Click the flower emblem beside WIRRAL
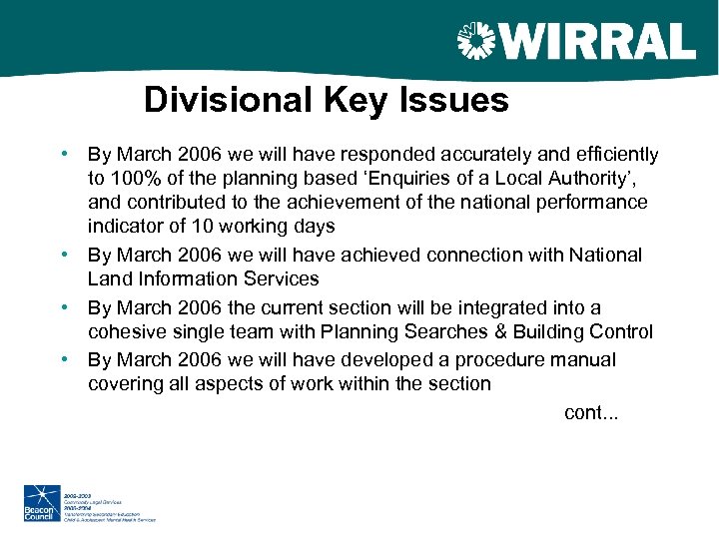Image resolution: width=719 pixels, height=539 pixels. coord(475,42)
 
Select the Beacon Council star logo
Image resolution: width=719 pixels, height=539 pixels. coord(43,502)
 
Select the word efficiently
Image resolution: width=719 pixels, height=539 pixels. coord(615,155)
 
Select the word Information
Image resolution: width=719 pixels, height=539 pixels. coord(182,279)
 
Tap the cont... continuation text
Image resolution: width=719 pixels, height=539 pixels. coord(590,413)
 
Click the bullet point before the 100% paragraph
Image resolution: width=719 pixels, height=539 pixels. coord(63,155)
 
